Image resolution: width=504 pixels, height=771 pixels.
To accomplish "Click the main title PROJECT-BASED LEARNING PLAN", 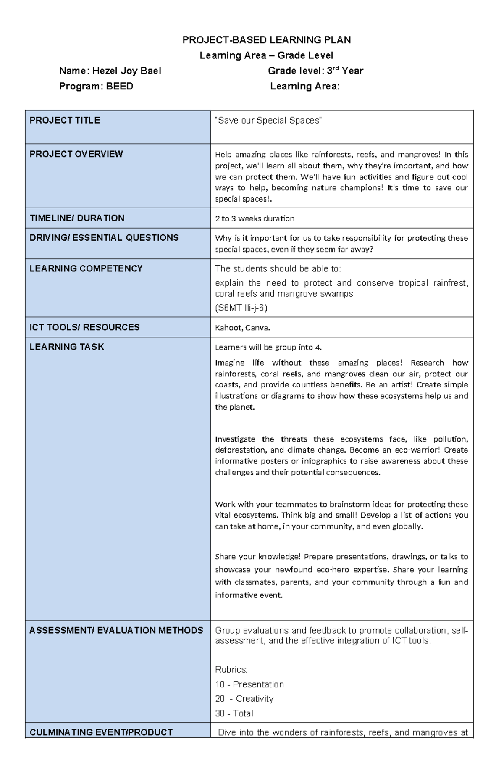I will (x=266, y=40).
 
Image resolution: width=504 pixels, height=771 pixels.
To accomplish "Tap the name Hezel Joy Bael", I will (x=126, y=71).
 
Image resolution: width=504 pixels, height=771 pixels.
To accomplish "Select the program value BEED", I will (x=119, y=87).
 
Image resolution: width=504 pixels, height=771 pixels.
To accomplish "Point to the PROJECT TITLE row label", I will (x=65, y=121).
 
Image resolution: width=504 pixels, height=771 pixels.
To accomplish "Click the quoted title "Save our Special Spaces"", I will (x=268, y=121).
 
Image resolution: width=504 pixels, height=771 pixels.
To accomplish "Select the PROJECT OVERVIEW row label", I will (x=76, y=154).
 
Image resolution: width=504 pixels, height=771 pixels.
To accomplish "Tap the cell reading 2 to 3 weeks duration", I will (x=255, y=218).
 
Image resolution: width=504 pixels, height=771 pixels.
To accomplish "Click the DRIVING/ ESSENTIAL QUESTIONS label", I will (x=104, y=238).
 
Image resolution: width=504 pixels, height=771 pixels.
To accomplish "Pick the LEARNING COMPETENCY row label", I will (x=86, y=268).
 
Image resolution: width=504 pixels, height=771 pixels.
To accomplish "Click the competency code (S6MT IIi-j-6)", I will (x=241, y=308).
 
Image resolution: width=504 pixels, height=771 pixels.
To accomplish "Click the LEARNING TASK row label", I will (x=67, y=347).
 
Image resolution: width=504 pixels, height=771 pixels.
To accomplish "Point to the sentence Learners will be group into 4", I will (x=268, y=347).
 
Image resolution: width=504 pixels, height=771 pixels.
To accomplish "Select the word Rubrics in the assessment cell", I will (x=231, y=670).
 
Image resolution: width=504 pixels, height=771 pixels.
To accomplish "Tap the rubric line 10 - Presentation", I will (x=249, y=684).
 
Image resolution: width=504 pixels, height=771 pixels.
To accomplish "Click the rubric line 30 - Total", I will (x=234, y=713).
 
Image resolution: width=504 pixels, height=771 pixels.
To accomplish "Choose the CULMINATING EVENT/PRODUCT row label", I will (x=101, y=732).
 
